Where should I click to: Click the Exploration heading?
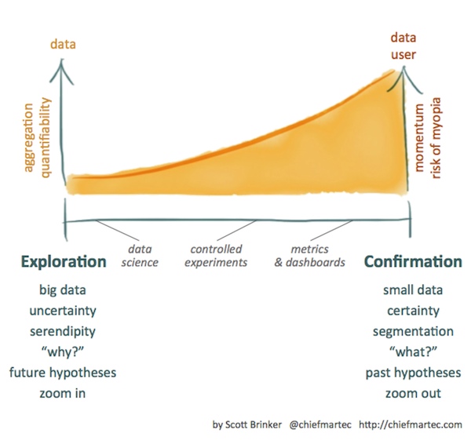click(x=64, y=261)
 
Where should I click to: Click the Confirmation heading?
click(x=413, y=261)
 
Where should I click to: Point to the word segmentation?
click(x=413, y=331)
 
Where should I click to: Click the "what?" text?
click(x=413, y=351)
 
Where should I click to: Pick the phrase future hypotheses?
click(x=63, y=372)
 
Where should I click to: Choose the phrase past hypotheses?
click(x=413, y=372)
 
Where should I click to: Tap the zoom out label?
click(x=413, y=392)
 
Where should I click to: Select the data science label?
click(x=142, y=257)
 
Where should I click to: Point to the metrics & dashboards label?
click(x=309, y=257)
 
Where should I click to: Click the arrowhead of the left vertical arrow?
click(x=63, y=69)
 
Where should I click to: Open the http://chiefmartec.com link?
click(x=411, y=425)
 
